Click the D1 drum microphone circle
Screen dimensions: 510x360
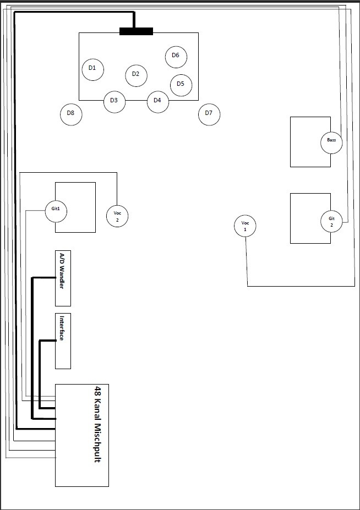(92, 68)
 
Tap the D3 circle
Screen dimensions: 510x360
(114, 101)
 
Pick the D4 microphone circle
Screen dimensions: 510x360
(157, 101)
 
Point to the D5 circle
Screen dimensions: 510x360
(181, 85)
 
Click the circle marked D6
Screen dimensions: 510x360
(176, 56)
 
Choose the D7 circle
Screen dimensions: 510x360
(209, 114)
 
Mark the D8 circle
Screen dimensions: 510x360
(70, 114)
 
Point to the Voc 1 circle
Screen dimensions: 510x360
(246, 226)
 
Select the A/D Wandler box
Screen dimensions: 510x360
(63, 278)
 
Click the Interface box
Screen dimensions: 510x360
(63, 341)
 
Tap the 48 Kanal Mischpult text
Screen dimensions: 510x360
(97, 424)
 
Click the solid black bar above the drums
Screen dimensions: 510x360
(136, 31)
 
